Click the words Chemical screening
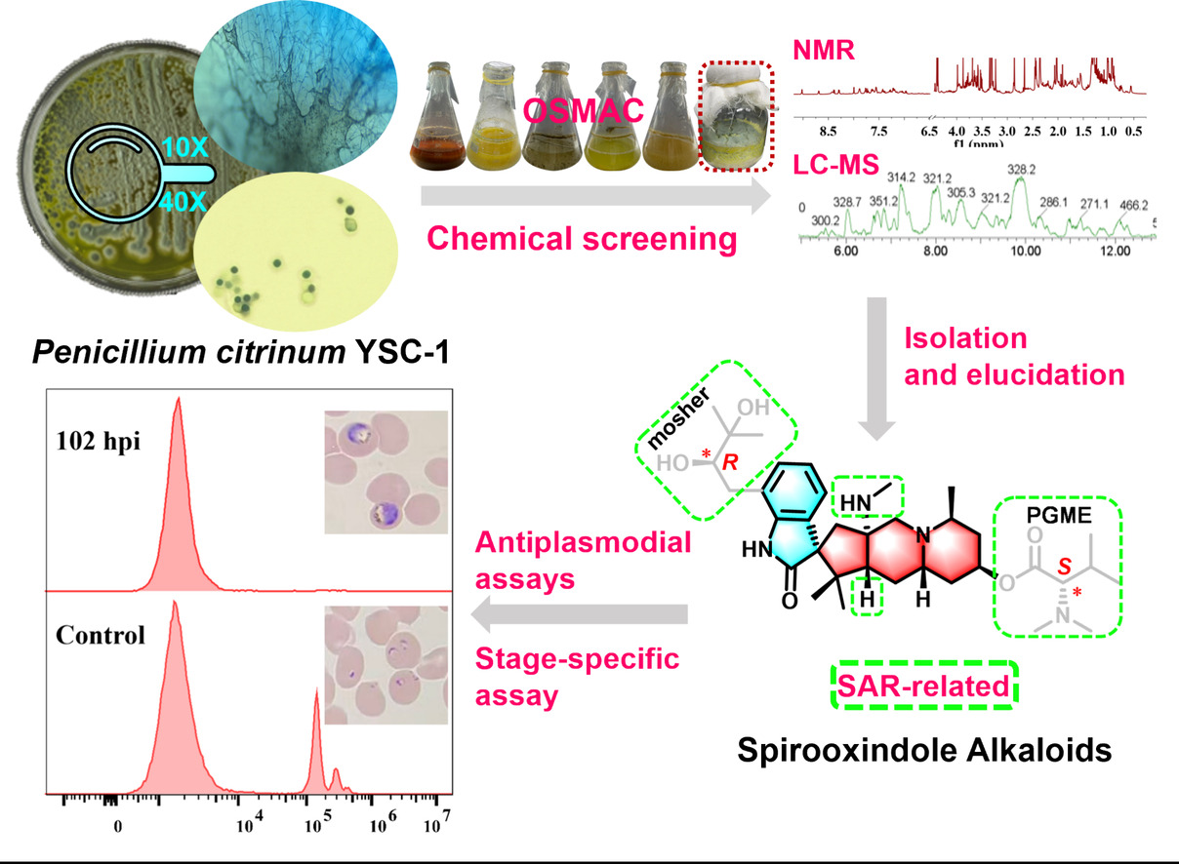coord(580,238)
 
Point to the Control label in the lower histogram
coord(102,636)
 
